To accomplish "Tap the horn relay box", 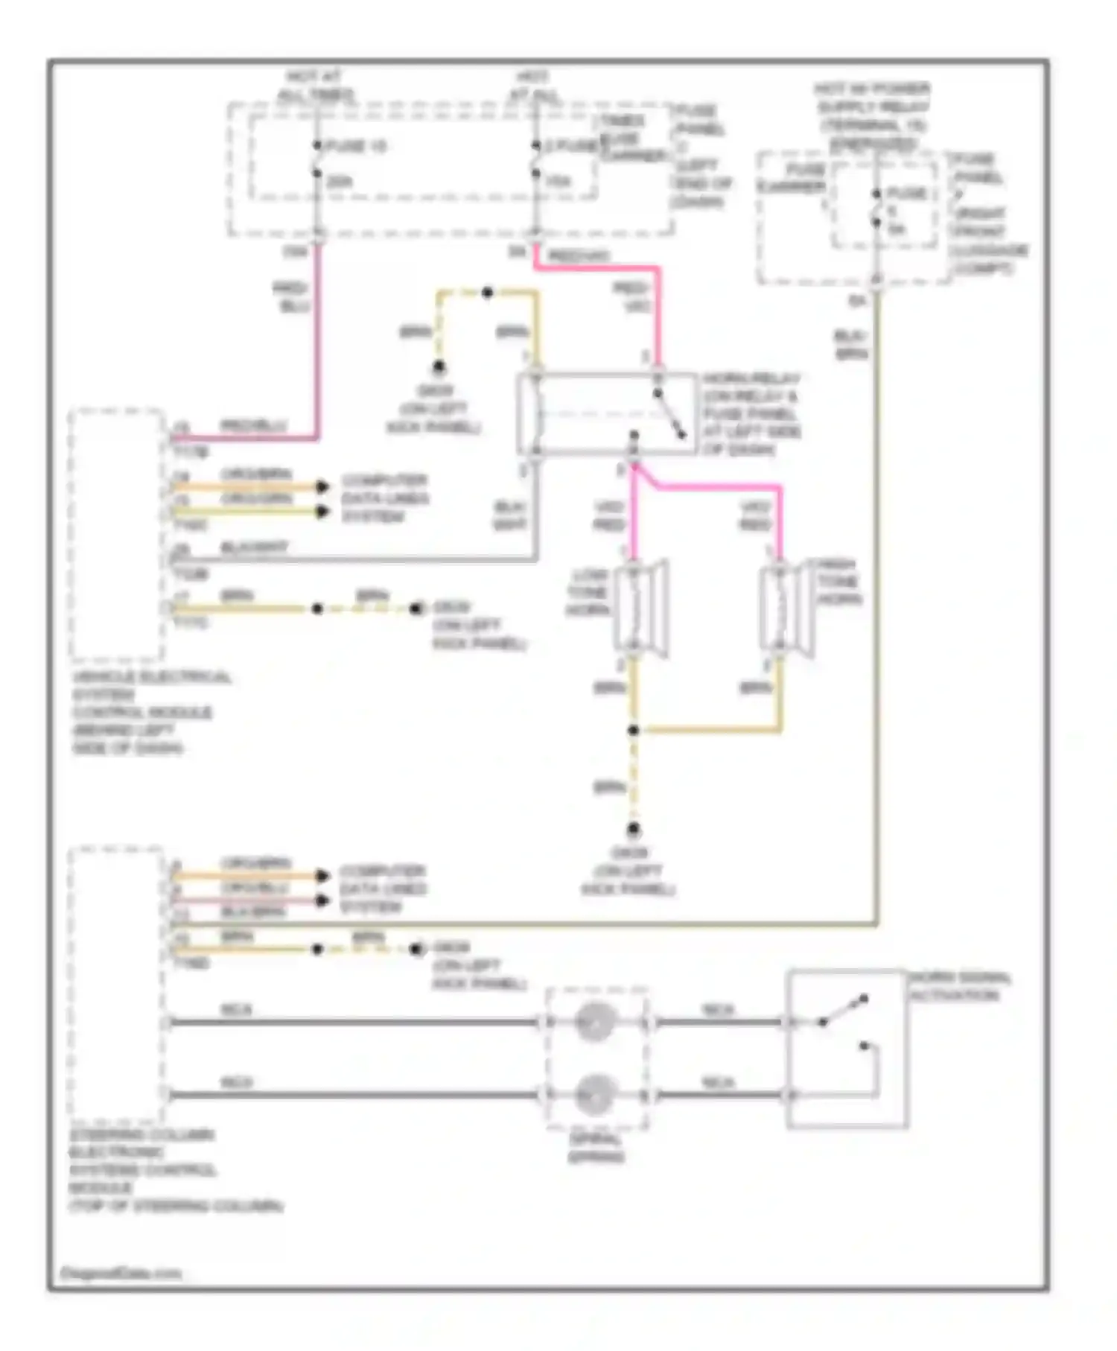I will click(607, 414).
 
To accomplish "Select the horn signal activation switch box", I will click(847, 1049).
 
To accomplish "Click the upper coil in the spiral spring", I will click(596, 1021).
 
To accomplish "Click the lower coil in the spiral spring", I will click(596, 1094).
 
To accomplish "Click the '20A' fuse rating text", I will click(339, 181).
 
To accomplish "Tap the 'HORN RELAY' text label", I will click(751, 378).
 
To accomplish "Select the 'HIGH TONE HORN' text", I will click(838, 582).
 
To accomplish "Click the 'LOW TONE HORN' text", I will click(588, 592).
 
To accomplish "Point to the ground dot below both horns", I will click(633, 829).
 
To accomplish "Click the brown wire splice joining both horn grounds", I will click(633, 730).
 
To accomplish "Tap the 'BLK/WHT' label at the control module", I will click(253, 547).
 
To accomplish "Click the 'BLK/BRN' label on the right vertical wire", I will click(850, 345).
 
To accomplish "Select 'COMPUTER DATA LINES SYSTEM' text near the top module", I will click(384, 498).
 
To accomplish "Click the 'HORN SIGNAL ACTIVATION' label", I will click(959, 986).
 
